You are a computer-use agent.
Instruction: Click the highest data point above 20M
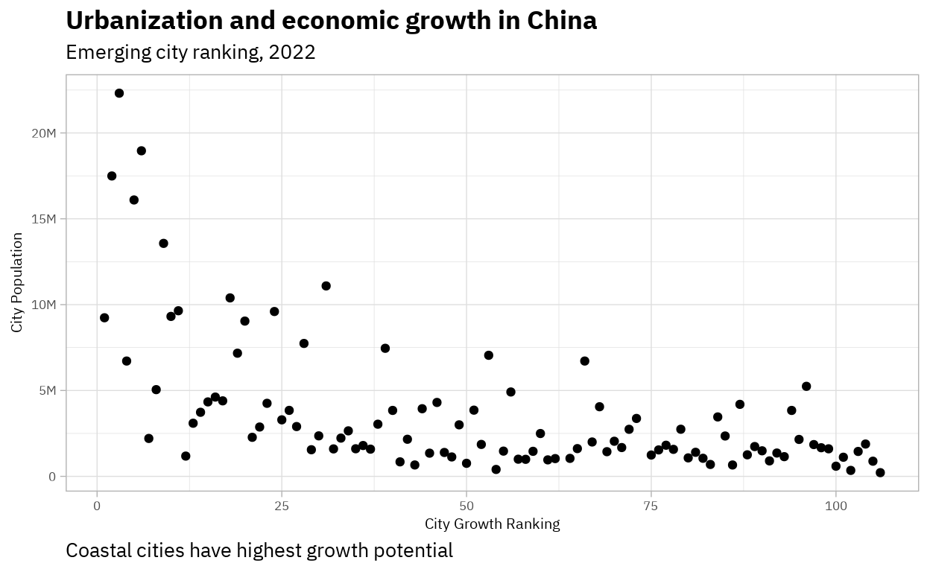click(119, 93)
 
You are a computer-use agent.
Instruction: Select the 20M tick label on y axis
click(43, 133)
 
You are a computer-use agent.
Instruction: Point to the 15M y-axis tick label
click(43, 219)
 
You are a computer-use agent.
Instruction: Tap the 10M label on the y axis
click(43, 305)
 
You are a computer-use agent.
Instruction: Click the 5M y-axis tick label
click(48, 390)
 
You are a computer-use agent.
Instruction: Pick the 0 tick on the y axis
click(52, 477)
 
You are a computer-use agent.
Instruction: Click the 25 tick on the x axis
click(282, 506)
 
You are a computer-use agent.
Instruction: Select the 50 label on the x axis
click(466, 506)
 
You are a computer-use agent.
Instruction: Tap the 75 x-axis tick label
click(651, 506)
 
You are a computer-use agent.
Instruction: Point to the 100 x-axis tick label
click(836, 506)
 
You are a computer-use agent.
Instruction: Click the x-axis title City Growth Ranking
click(493, 524)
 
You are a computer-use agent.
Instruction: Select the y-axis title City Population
click(16, 282)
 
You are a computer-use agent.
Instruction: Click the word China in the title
click(562, 20)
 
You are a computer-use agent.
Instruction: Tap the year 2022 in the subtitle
click(292, 52)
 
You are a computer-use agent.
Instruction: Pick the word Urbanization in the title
click(145, 20)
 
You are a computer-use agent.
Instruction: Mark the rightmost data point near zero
click(880, 472)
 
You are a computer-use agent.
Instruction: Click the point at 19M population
click(141, 150)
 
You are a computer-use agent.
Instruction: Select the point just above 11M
click(326, 286)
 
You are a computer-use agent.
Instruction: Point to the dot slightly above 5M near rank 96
click(806, 387)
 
